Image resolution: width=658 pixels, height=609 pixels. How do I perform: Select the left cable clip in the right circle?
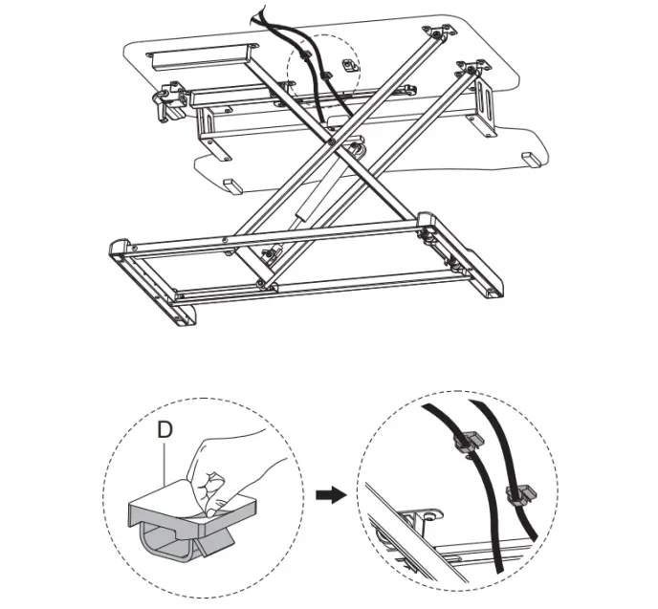pos(464,442)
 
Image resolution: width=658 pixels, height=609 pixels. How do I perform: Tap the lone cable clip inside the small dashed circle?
pos(348,65)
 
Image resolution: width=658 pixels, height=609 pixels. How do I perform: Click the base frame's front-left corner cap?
pos(120,250)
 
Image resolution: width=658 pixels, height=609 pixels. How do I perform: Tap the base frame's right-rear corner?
pos(427,223)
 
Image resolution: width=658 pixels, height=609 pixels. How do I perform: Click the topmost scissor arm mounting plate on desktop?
pos(438,35)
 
